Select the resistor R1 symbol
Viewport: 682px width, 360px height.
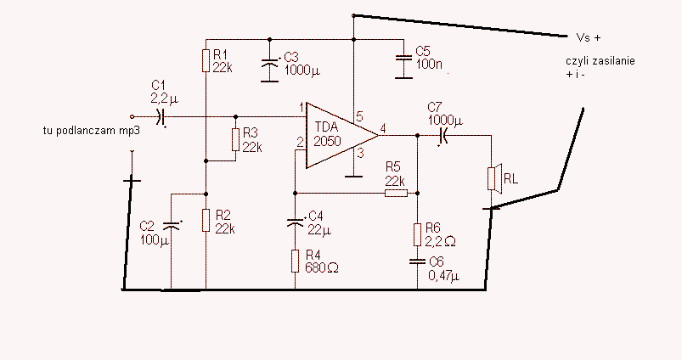coord(206,61)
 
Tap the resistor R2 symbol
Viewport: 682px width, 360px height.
coord(206,220)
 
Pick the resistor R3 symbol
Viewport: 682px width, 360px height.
coord(236,139)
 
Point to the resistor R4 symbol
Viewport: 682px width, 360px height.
coord(296,261)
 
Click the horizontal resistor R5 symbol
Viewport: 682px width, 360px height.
coord(397,194)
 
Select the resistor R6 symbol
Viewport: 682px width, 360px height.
coord(418,235)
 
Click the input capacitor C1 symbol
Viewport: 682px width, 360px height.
coord(161,116)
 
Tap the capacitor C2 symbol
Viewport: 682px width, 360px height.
coord(172,225)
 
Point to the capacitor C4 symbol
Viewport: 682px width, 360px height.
coord(296,222)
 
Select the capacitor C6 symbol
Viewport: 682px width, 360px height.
coord(418,262)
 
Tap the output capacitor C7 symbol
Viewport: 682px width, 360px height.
coord(443,136)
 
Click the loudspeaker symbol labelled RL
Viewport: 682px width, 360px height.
coord(494,177)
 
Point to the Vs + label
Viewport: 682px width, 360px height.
coord(588,38)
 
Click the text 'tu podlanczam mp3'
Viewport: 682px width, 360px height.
coord(92,131)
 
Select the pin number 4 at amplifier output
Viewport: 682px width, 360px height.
coord(383,129)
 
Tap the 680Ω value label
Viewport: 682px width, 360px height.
coord(322,267)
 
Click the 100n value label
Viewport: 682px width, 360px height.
coord(429,64)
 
